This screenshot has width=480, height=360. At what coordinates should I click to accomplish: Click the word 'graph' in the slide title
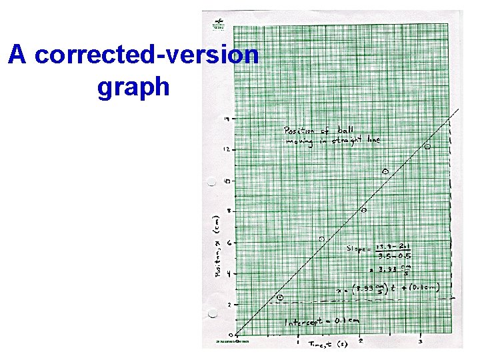pyautogui.click(x=133, y=87)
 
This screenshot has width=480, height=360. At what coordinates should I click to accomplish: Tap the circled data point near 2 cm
pyautogui.click(x=280, y=297)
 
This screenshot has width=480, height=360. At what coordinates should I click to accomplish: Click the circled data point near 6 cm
pyautogui.click(x=322, y=239)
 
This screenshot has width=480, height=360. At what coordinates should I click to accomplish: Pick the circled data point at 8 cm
pyautogui.click(x=364, y=210)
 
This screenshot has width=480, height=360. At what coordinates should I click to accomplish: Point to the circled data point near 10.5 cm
pyautogui.click(x=385, y=172)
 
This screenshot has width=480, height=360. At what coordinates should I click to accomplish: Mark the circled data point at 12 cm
pyautogui.click(x=428, y=146)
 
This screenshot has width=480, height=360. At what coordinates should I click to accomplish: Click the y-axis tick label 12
pyautogui.click(x=227, y=149)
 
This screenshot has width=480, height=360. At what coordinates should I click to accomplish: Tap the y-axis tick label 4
pyautogui.click(x=228, y=274)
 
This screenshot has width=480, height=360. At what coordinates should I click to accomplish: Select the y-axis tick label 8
pyautogui.click(x=228, y=211)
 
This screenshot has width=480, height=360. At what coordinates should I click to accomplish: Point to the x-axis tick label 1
pyautogui.click(x=298, y=342)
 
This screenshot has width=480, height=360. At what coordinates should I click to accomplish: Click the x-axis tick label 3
pyautogui.click(x=419, y=341)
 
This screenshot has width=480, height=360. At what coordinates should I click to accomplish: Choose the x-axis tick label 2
pyautogui.click(x=360, y=341)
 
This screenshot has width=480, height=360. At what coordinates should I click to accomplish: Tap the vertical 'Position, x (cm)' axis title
pyautogui.click(x=217, y=247)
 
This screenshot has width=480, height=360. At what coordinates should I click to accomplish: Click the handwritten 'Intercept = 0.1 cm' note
pyautogui.click(x=321, y=322)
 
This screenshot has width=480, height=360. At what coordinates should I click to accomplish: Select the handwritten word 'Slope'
pyautogui.click(x=357, y=248)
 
